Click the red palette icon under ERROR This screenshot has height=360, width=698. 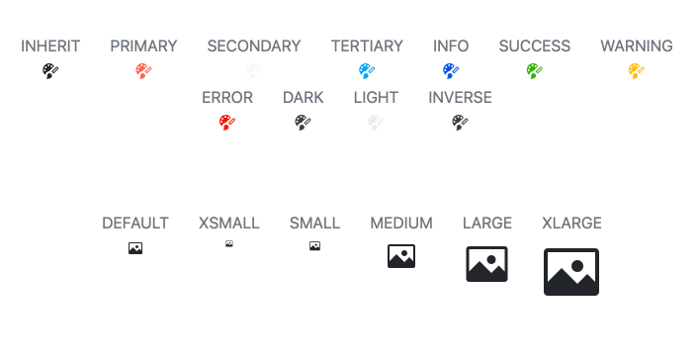click(227, 123)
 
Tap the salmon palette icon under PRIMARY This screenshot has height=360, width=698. click(143, 71)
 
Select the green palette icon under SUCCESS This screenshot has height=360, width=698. click(535, 71)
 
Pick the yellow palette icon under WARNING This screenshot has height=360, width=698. click(637, 71)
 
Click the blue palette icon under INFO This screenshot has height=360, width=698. click(451, 71)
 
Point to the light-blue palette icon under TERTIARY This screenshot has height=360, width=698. click(367, 71)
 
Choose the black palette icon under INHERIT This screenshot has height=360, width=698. click(50, 71)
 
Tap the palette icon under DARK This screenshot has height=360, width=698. click(303, 123)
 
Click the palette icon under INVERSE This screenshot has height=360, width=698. click(460, 123)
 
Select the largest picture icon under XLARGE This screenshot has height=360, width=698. click(571, 272)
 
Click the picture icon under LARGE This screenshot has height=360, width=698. click(486, 264)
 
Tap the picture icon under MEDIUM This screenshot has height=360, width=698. click(401, 256)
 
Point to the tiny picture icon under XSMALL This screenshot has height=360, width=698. click(229, 243)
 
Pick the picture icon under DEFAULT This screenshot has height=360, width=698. click(135, 248)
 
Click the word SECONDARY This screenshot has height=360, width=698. click(253, 45)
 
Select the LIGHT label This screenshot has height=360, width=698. click(376, 97)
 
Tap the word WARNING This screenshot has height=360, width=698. click(637, 45)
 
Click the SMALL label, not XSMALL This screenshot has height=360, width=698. click(314, 223)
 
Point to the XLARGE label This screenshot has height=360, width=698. click(571, 223)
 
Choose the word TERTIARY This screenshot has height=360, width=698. click(367, 45)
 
